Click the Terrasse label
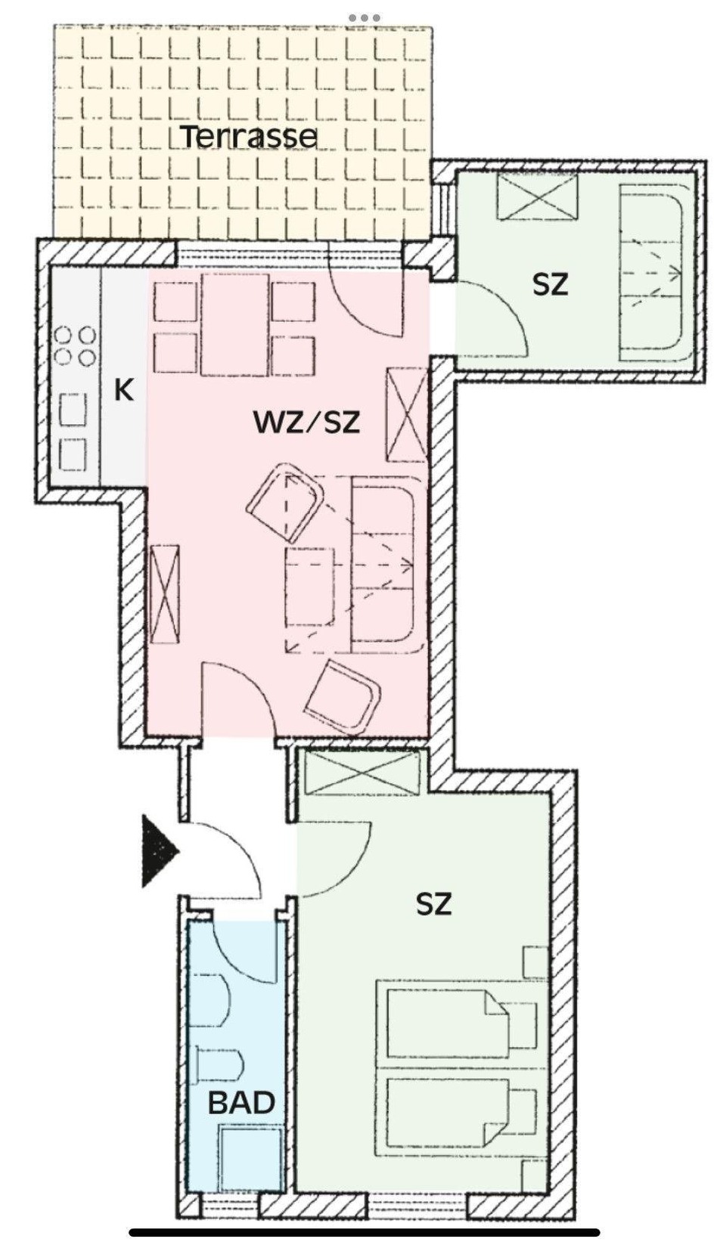pos(250,137)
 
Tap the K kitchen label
pos(124,390)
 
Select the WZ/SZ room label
pos(307,423)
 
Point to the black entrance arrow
pos(160,850)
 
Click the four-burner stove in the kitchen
pos(76,346)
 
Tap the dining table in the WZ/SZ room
pos(235,325)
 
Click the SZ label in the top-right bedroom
pos(550,285)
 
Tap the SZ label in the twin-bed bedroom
pos(433,904)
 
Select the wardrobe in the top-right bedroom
pos(536,195)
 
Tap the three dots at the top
pos(364,18)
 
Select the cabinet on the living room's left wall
pos(165,594)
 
